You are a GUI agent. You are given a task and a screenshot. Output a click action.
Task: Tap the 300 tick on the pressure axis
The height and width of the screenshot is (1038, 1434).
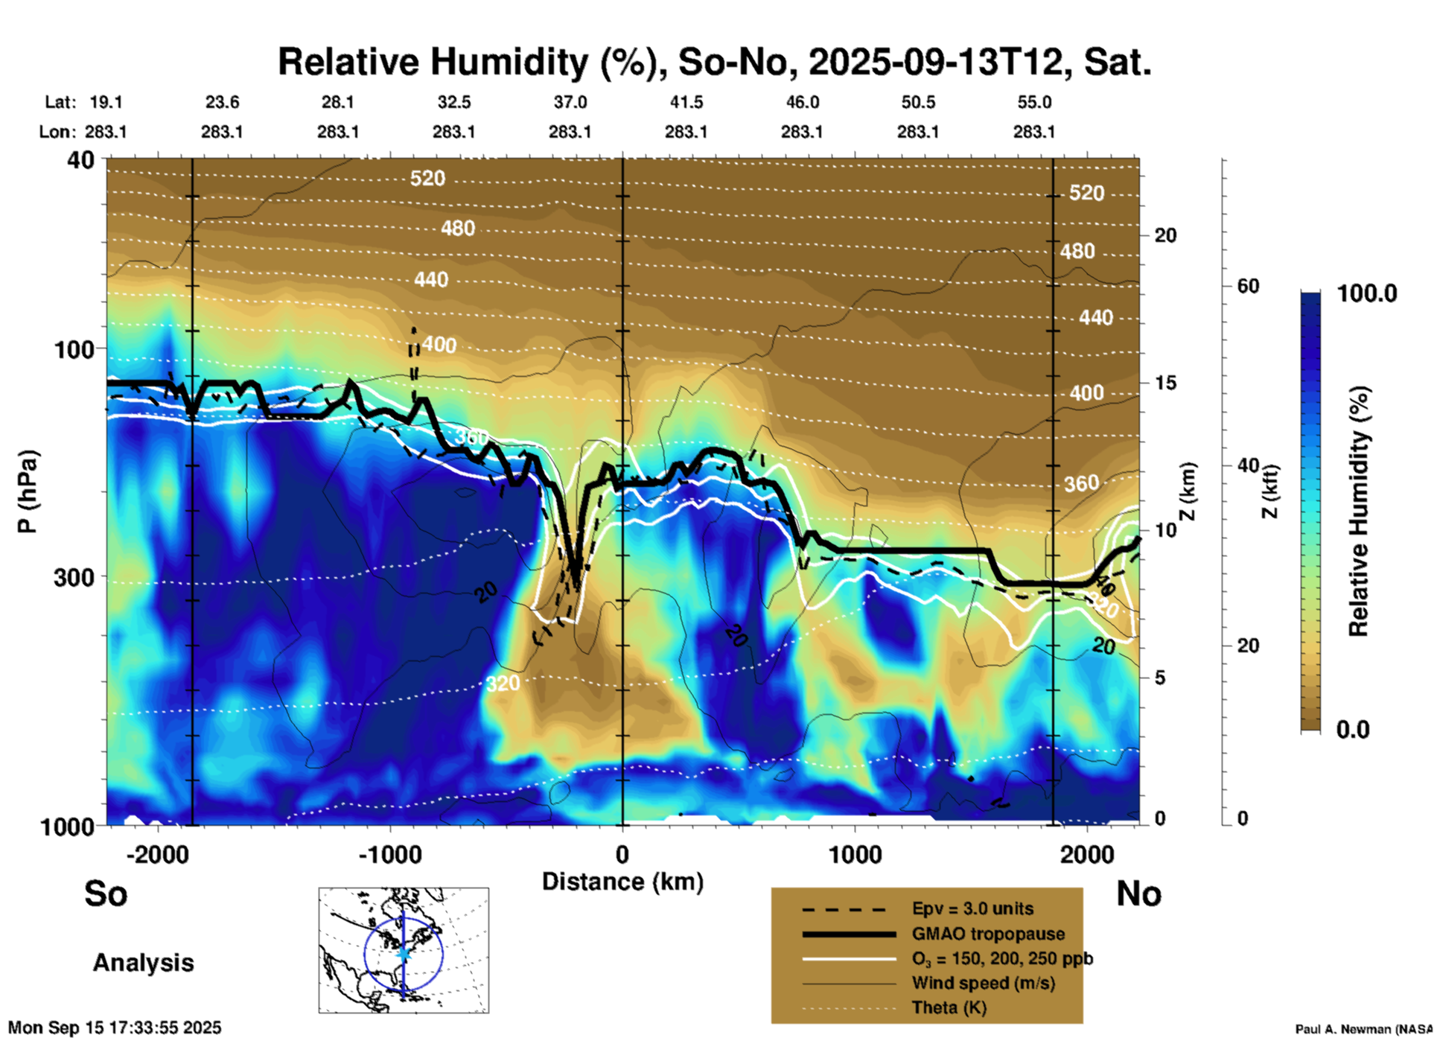pyautogui.click(x=74, y=577)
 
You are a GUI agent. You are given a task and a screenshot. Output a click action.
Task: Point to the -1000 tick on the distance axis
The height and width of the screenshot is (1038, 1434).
pyautogui.click(x=390, y=854)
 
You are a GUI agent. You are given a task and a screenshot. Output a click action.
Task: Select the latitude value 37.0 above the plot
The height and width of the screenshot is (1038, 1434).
pyautogui.click(x=570, y=102)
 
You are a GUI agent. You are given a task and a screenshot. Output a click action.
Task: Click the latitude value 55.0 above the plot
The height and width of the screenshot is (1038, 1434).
pyautogui.click(x=1034, y=102)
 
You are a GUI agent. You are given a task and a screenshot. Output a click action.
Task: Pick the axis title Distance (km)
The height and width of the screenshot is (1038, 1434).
pyautogui.click(x=622, y=882)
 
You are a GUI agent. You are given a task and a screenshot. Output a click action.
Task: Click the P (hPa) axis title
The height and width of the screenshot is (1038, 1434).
pyautogui.click(x=28, y=491)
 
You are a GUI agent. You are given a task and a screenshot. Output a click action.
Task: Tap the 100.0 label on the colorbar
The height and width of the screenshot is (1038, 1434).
pyautogui.click(x=1367, y=293)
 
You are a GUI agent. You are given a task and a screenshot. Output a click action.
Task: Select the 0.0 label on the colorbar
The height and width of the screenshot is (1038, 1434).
pyautogui.click(x=1353, y=730)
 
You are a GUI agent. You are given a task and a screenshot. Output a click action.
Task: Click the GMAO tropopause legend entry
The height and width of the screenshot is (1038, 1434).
pyautogui.click(x=988, y=934)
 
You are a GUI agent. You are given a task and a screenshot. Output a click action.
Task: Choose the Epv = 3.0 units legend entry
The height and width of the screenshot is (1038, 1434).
pyautogui.click(x=972, y=909)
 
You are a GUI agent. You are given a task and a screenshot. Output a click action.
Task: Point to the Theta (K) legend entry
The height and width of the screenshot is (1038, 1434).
pyautogui.click(x=949, y=1008)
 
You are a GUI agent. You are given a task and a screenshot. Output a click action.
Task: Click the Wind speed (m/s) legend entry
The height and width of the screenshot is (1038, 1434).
pyautogui.click(x=983, y=984)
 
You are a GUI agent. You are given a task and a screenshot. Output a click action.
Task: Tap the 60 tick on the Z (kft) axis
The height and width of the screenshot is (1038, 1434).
pyautogui.click(x=1248, y=286)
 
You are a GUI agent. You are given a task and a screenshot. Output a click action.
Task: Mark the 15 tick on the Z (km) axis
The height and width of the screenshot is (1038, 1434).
pyautogui.click(x=1165, y=383)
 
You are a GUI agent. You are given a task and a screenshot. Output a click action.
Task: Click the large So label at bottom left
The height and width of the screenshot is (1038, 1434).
pyautogui.click(x=106, y=894)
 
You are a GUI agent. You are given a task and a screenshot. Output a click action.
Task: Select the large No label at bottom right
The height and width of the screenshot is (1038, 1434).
pyautogui.click(x=1138, y=894)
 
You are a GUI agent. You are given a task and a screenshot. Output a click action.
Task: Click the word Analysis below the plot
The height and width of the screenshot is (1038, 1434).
pyautogui.click(x=143, y=963)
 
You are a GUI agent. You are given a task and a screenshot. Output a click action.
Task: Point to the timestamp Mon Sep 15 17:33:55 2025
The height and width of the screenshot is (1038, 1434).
pyautogui.click(x=115, y=1028)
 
